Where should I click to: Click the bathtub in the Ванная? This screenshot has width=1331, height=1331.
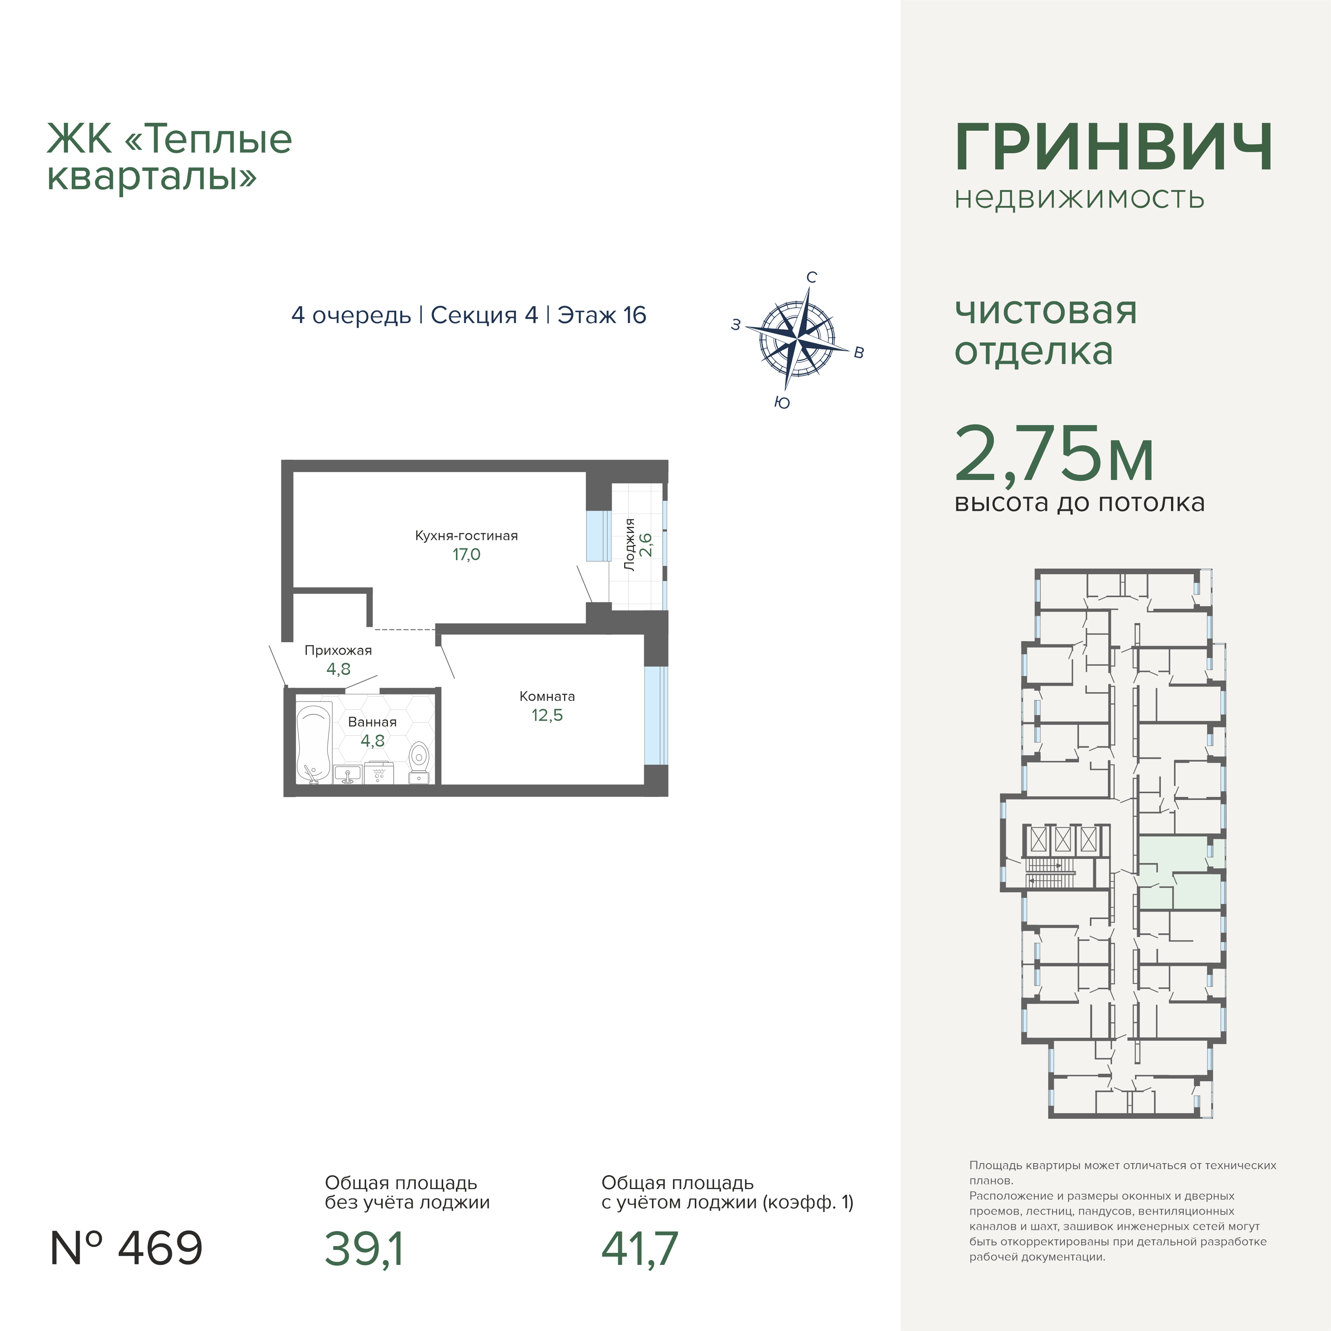point(315,742)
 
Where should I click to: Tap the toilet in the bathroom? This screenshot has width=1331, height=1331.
point(419,763)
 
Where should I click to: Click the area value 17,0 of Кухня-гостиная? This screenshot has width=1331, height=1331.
point(466,555)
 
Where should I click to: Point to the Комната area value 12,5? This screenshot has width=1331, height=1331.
point(547,715)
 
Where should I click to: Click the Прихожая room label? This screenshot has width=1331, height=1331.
point(338,650)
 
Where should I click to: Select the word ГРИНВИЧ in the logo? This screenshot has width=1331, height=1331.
point(1113,148)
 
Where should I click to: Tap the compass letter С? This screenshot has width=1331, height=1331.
point(812,278)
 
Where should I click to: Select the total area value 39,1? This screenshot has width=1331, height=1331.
point(364,1248)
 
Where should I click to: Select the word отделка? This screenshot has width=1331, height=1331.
point(1034,352)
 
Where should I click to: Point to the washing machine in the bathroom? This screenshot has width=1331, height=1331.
point(379,772)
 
